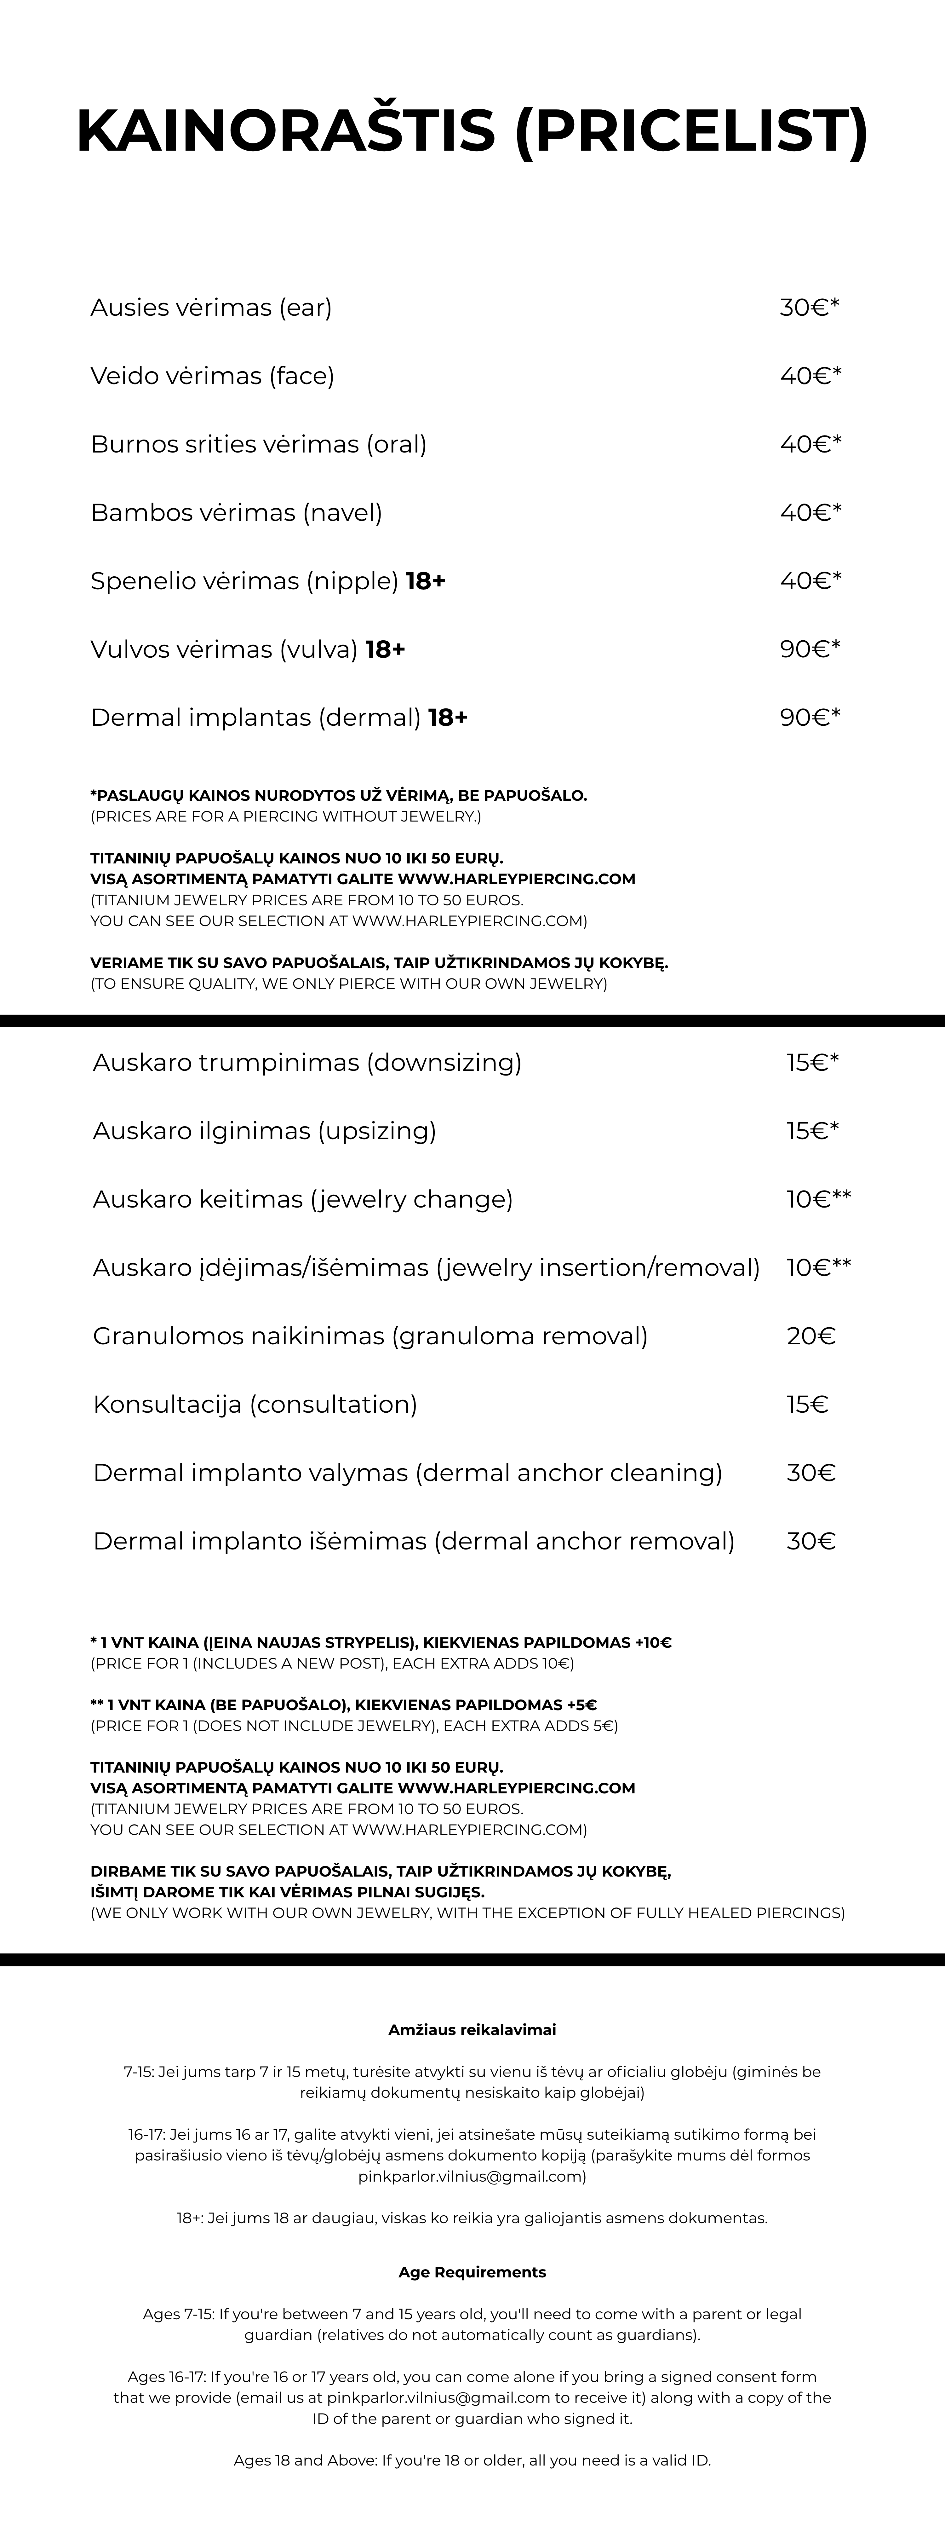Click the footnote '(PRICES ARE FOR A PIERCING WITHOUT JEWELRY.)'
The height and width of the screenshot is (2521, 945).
286,816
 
